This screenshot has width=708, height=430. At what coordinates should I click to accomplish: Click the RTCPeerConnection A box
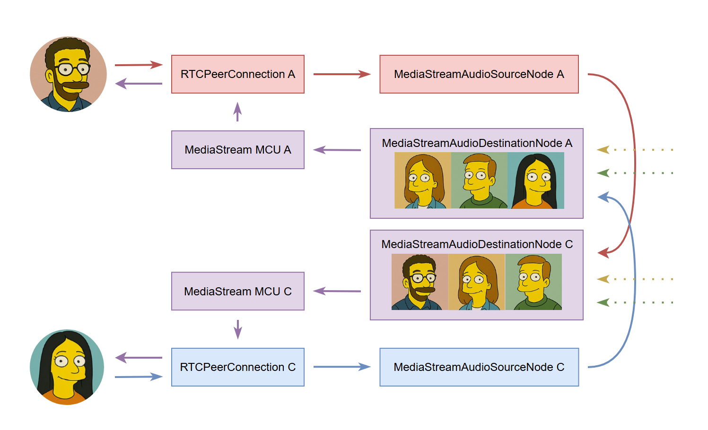click(x=237, y=74)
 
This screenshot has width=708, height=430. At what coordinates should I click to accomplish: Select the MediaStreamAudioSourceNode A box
click(x=479, y=74)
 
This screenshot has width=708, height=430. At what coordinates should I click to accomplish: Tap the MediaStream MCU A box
click(x=237, y=150)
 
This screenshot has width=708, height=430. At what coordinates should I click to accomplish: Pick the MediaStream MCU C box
click(x=237, y=291)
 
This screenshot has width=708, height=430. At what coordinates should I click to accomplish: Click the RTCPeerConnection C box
click(x=237, y=367)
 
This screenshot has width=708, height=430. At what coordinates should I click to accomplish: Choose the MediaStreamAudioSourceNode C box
click(x=479, y=367)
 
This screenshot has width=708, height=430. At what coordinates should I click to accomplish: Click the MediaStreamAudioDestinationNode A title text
click(x=477, y=143)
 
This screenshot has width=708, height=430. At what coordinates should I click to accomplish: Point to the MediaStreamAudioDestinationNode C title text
click(x=477, y=244)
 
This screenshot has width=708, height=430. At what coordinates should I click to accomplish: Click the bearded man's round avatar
click(x=68, y=74)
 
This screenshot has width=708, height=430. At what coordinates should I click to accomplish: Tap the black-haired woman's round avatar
click(x=67, y=367)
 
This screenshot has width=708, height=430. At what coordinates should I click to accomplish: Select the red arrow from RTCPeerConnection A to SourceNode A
click(x=341, y=74)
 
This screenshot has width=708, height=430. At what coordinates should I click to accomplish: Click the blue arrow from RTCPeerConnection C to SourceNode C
click(x=341, y=367)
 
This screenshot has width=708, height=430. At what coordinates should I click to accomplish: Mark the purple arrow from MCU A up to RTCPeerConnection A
click(x=237, y=112)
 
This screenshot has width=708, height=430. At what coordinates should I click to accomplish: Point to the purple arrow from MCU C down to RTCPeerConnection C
click(x=238, y=329)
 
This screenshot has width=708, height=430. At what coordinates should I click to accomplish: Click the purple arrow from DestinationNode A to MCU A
click(x=337, y=150)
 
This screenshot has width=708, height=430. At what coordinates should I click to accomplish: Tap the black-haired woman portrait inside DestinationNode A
click(x=536, y=181)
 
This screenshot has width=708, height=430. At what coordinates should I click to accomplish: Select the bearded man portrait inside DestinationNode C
click(x=420, y=282)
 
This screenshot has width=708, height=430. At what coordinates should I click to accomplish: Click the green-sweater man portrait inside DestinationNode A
click(x=479, y=181)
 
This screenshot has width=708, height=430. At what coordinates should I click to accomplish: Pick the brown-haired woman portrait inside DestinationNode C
click(x=477, y=282)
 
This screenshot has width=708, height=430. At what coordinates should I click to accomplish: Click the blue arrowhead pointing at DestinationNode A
click(x=603, y=197)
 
